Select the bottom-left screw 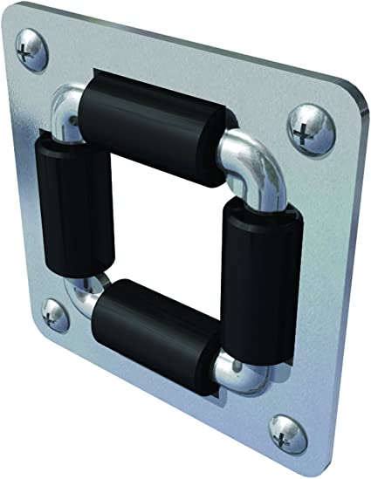50,311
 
